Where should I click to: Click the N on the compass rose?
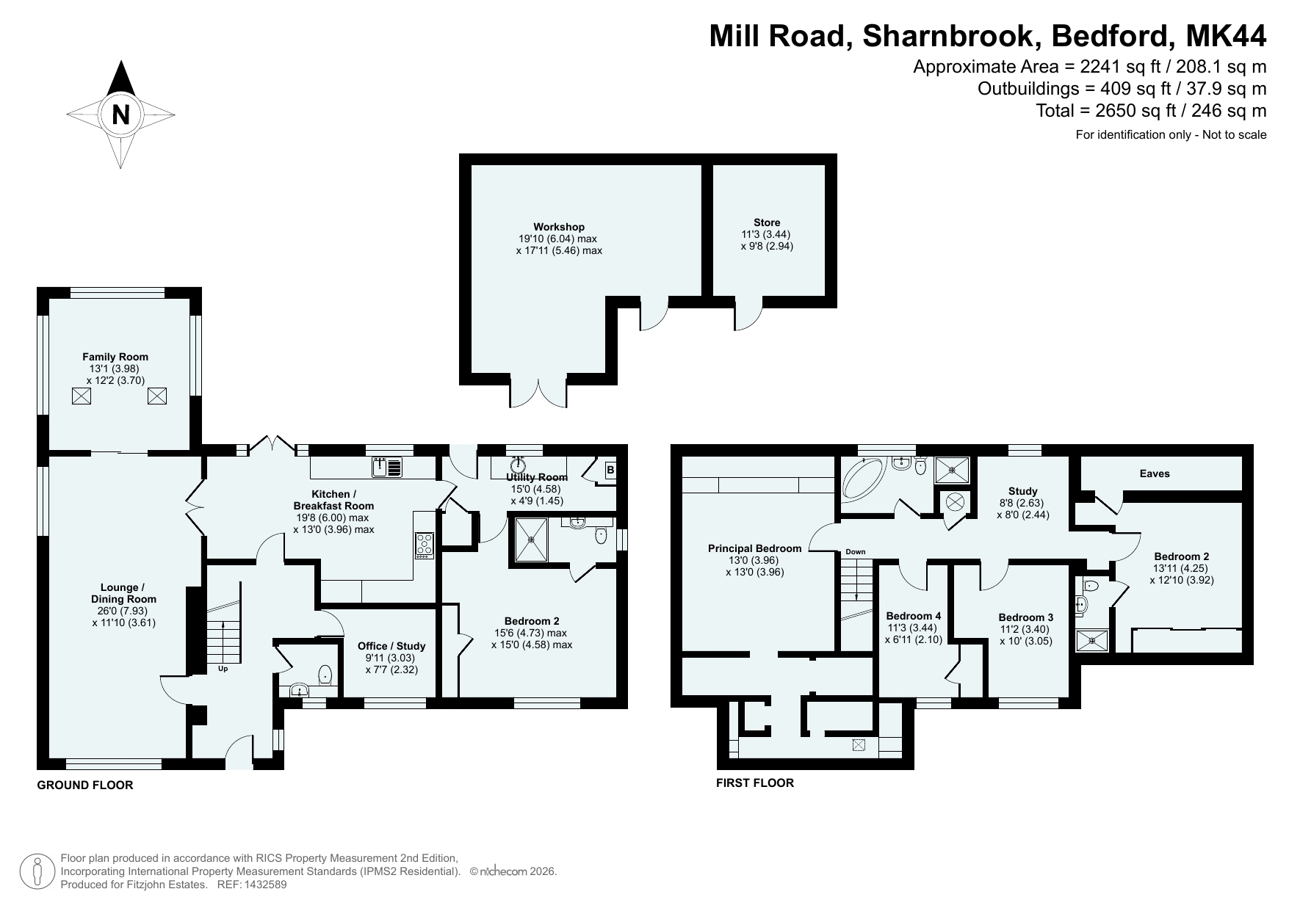(120, 115)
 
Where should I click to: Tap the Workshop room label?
(559, 227)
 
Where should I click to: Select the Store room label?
(767, 222)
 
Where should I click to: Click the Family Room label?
(115, 357)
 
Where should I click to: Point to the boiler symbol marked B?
(610, 471)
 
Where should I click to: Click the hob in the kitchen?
(425, 545)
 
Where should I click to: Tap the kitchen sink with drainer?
(387, 467)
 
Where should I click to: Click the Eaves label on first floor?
(1155, 473)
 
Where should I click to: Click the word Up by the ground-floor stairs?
(223, 669)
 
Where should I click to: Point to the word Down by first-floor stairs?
(856, 551)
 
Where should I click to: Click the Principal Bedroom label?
(754, 548)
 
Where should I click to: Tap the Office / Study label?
(391, 646)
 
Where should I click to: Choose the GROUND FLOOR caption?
(85, 785)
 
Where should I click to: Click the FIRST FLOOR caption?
(755, 783)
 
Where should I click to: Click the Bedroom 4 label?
(913, 616)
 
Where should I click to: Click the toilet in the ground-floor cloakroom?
(325, 674)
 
